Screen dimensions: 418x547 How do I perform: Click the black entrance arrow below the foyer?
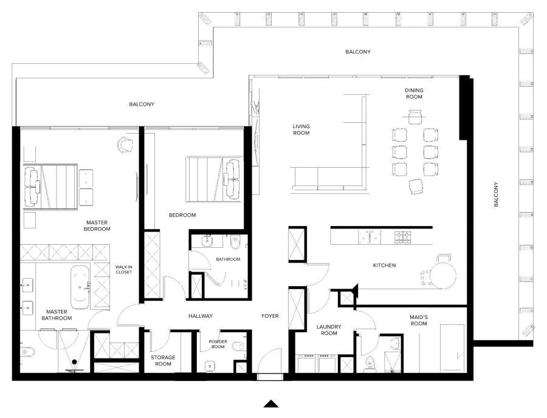tap(271, 403)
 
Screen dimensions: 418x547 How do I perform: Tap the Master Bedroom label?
tap(97, 225)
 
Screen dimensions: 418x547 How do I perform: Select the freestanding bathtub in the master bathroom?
tap(81, 286)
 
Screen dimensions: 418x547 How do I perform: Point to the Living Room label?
tap(301, 129)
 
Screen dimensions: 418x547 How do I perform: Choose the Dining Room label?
tap(415, 94)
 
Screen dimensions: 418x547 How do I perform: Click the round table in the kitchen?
tap(443, 275)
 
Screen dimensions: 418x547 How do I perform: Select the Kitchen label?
tap(385, 266)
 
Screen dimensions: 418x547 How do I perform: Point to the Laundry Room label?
tap(329, 330)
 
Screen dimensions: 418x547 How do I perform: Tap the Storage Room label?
tap(163, 361)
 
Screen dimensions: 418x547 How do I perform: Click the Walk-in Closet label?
tap(124, 269)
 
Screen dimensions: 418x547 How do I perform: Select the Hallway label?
tap(201, 316)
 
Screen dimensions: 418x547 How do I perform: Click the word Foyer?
tap(270, 316)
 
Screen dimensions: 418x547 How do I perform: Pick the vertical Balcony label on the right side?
tap(495, 194)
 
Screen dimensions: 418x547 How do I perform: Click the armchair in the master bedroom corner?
tap(125, 144)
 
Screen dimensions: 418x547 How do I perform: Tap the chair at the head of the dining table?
tap(415, 115)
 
